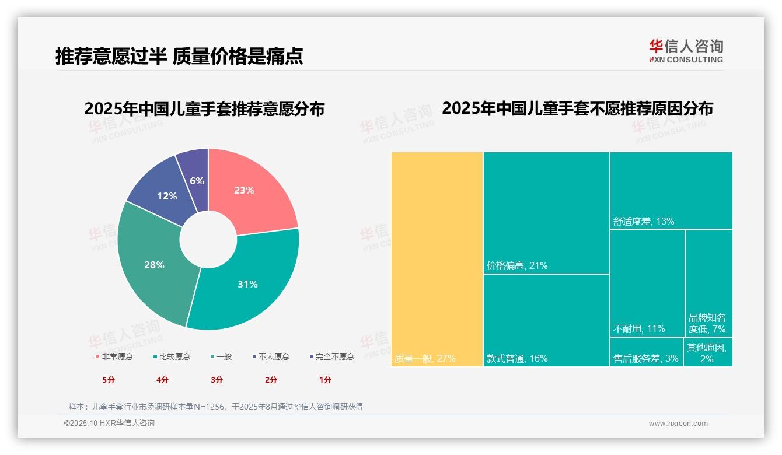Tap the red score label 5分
109,380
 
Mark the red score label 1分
325,380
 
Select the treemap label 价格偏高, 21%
517,266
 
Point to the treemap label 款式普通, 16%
517,359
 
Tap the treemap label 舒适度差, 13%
644,222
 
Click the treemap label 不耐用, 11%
639,329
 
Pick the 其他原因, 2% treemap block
707,353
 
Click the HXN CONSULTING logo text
686,60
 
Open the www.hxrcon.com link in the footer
678,423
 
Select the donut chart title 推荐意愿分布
204,109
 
